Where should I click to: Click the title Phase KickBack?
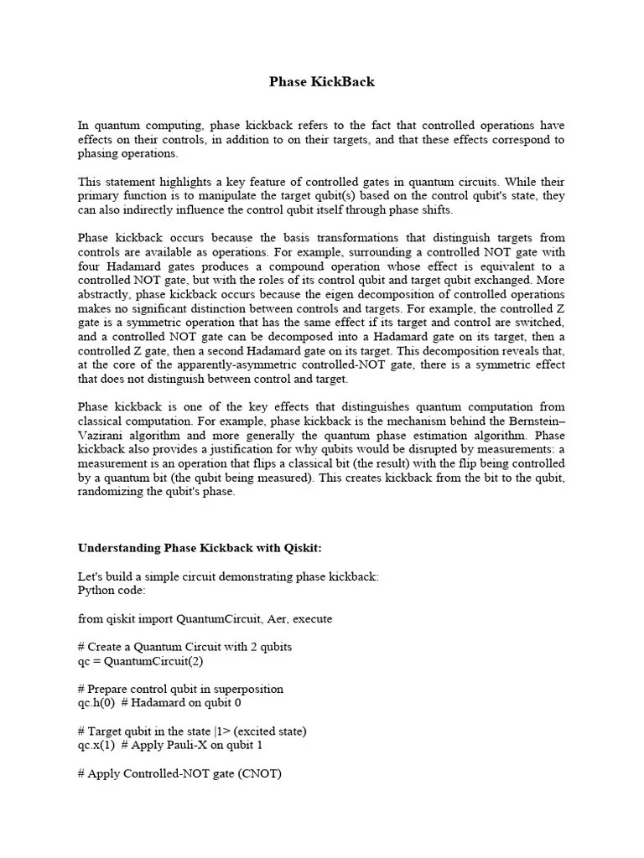(x=322, y=81)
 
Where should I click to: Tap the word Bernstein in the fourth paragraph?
(x=533, y=422)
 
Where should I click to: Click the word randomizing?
(x=111, y=491)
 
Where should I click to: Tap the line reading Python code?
(x=112, y=591)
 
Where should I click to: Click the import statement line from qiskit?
(x=205, y=618)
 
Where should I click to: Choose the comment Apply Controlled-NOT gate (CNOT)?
(x=179, y=773)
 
